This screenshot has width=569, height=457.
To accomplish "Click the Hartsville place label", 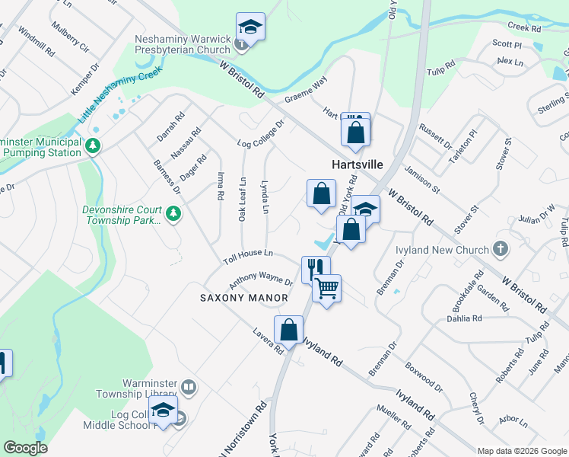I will click(x=357, y=165).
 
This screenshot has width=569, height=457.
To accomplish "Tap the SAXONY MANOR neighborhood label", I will click(x=244, y=298).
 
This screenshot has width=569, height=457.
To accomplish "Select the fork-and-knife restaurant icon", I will click(x=316, y=269).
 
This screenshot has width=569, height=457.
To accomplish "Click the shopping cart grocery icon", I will click(x=327, y=288).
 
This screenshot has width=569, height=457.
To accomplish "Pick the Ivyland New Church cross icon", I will click(x=500, y=249).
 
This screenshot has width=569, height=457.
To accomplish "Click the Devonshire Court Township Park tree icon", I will click(x=173, y=213).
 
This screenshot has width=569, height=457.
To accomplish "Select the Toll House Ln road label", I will click(x=247, y=256).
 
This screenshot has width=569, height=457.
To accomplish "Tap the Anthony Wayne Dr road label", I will click(x=261, y=280).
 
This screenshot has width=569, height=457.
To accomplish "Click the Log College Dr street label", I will click(x=260, y=133).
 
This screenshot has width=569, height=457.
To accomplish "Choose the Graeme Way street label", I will click(x=306, y=89).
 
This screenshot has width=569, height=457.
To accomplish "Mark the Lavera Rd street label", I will click(x=269, y=340).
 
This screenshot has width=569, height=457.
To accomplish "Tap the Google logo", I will click(x=25, y=448).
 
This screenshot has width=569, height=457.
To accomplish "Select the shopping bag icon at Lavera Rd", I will click(x=288, y=330).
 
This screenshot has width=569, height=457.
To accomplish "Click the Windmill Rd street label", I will click(x=36, y=43).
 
